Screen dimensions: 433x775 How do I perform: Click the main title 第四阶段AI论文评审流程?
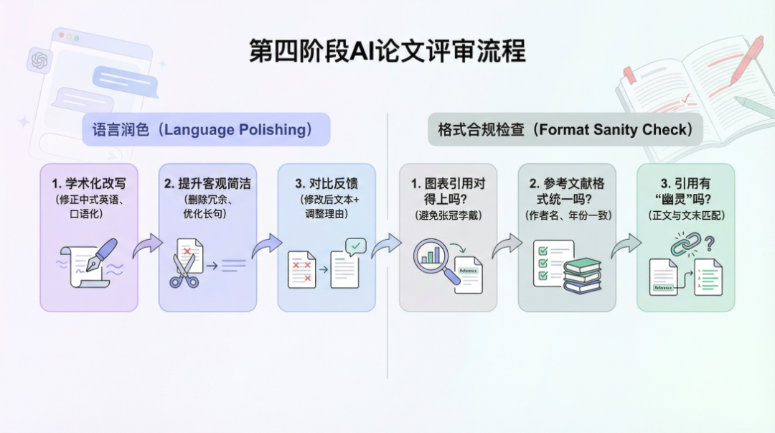click(387, 52)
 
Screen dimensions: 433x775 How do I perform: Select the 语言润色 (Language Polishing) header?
click(205, 130)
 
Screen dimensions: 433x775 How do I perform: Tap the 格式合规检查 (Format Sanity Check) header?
click(565, 130)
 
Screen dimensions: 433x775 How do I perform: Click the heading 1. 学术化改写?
click(88, 185)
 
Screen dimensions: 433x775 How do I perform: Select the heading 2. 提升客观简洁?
click(207, 185)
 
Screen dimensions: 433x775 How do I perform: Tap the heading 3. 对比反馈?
click(327, 185)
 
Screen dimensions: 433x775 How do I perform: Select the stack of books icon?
click(581, 276)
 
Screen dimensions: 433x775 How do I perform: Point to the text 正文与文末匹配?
click(686, 215)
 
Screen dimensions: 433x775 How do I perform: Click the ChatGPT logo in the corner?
click(39, 60)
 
